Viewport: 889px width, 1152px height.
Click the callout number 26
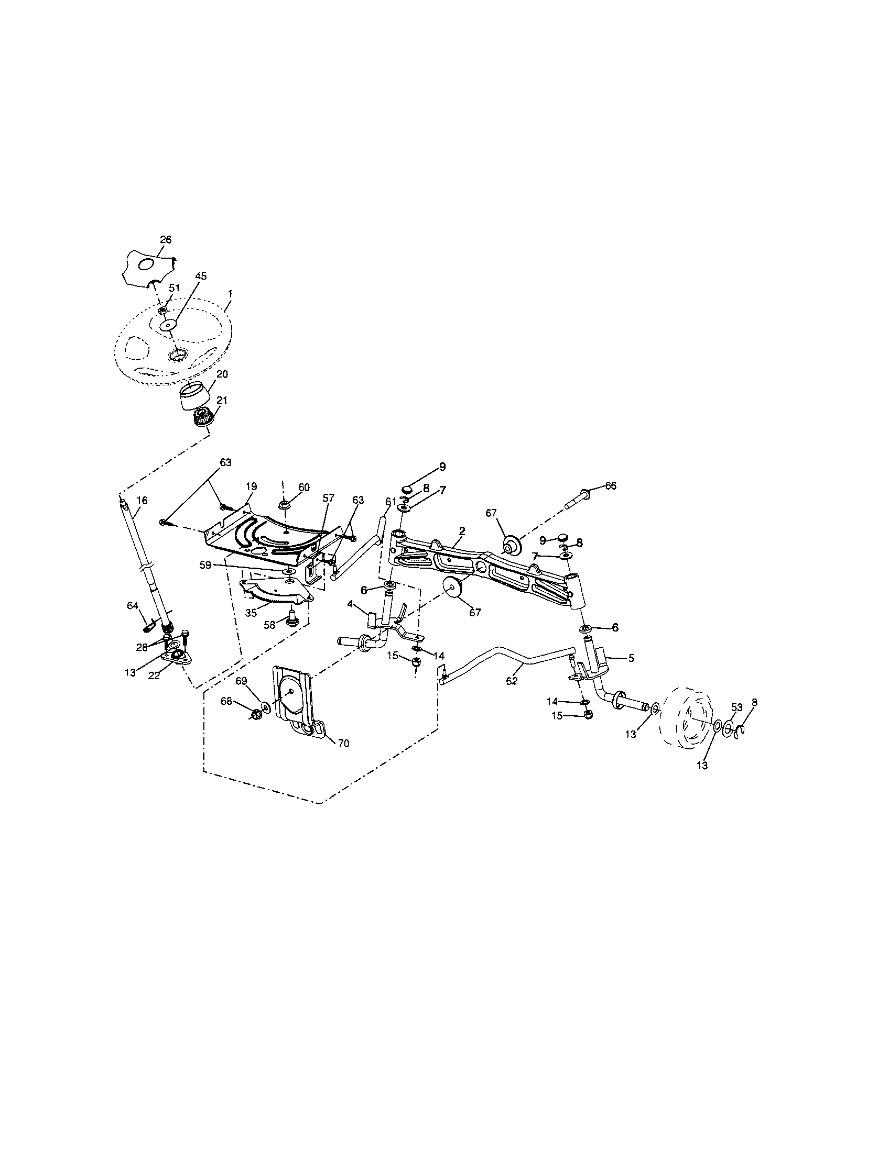166,239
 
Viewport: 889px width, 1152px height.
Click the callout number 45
201,276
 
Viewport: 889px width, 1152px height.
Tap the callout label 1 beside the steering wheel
230,293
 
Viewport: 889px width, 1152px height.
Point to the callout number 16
143,500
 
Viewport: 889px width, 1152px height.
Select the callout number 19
251,485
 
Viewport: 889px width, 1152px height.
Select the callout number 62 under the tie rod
512,681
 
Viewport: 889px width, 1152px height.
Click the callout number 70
343,744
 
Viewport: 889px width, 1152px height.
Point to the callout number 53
737,707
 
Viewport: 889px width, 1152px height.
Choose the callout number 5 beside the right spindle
631,658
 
